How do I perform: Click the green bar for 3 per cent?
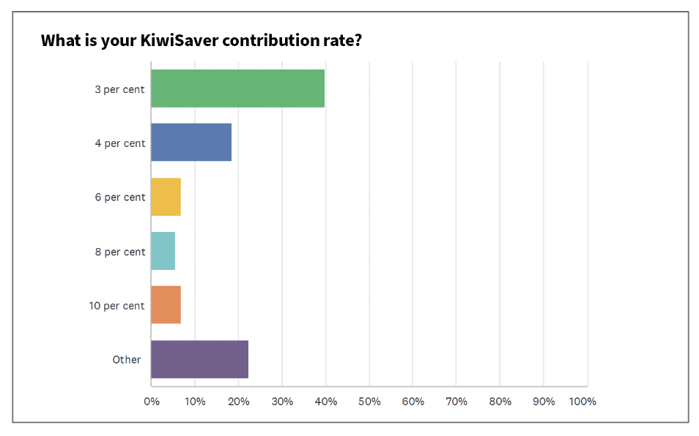pyautogui.click(x=237, y=89)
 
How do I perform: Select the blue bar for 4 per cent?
pyautogui.click(x=191, y=143)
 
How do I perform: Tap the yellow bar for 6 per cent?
pyautogui.click(x=166, y=197)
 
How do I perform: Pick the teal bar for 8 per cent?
pyautogui.click(x=163, y=251)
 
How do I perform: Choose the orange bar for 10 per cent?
pyautogui.click(x=166, y=305)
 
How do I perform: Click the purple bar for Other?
pyautogui.click(x=199, y=359)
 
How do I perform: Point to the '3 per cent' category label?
pyautogui.click(x=119, y=89)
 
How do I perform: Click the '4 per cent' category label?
pyautogui.click(x=119, y=143)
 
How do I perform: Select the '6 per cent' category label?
pyautogui.click(x=119, y=198)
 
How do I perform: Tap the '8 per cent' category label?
pyautogui.click(x=119, y=252)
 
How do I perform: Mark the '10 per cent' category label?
pyautogui.click(x=117, y=306)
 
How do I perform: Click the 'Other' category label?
pyautogui.click(x=126, y=360)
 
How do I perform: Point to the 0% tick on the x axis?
pyautogui.click(x=151, y=402)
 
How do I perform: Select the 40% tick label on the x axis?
pyautogui.click(x=325, y=402)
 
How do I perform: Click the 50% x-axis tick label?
pyautogui.click(x=369, y=402)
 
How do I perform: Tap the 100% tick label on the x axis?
pyautogui.click(x=582, y=402)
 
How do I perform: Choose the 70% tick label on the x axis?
pyautogui.click(x=456, y=402)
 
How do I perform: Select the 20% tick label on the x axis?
pyautogui.click(x=238, y=402)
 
